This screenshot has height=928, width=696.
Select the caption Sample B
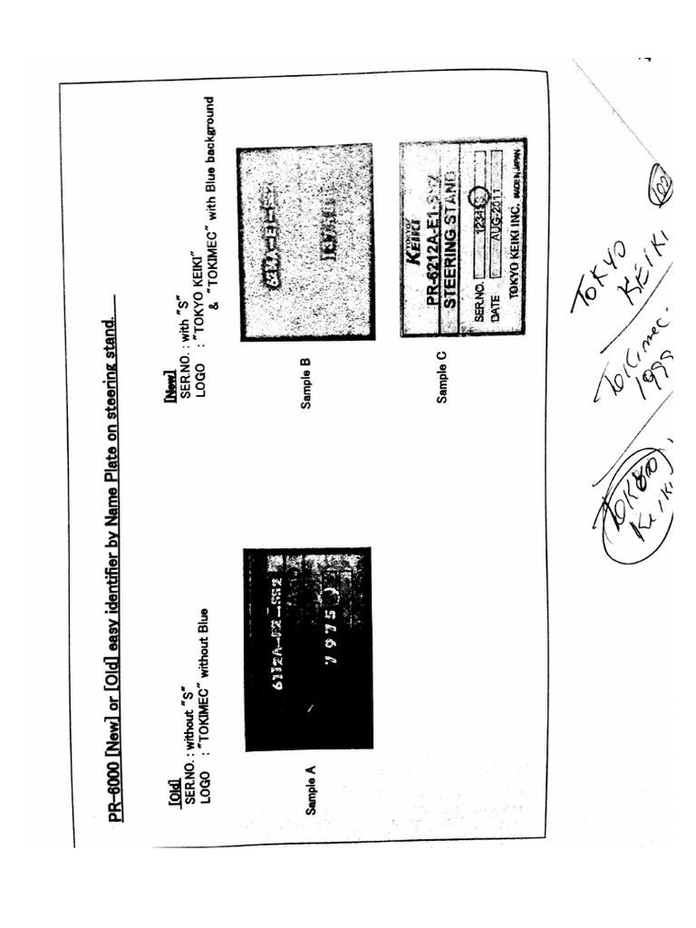tap(306, 383)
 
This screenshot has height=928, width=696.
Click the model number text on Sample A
tap(278, 634)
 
